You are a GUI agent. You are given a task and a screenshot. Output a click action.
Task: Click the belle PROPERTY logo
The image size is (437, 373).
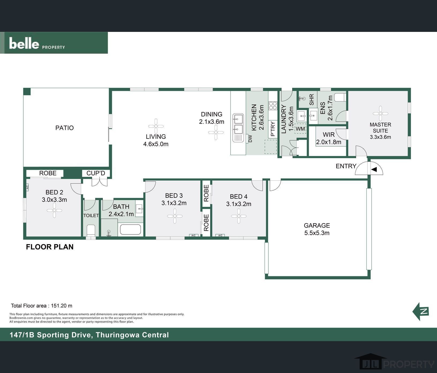(37, 43)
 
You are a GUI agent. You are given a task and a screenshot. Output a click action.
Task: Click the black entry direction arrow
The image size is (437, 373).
(374, 169)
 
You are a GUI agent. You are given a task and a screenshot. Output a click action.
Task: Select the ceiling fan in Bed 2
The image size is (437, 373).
(54, 210)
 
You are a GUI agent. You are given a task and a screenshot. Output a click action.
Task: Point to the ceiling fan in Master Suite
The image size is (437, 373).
(380, 113)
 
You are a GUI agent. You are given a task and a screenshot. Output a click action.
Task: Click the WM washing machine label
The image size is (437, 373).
(300, 129)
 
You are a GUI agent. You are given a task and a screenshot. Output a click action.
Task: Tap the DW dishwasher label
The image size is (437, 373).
(250, 139)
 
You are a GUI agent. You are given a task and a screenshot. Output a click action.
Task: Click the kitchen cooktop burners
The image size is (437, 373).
(273, 106)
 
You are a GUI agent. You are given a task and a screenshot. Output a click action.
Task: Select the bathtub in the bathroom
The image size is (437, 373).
(130, 230)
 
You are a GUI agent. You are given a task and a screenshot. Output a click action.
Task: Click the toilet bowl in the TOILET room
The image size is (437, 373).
(91, 230)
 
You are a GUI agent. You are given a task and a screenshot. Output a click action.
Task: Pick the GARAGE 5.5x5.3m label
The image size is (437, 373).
(317, 229)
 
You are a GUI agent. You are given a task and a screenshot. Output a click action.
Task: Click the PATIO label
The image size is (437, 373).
(65, 128)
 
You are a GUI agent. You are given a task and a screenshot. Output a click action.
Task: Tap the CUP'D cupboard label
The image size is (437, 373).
(96, 173)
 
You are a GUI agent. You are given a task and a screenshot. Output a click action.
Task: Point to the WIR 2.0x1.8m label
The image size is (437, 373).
(329, 138)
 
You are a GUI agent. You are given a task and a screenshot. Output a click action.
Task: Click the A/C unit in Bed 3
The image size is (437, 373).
(194, 236)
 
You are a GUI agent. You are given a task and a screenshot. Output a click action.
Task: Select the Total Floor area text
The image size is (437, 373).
(42, 306)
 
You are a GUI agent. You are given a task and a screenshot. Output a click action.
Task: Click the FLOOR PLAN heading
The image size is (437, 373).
(50, 247)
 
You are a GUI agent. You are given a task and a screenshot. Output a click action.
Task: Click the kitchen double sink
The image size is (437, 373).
(238, 124)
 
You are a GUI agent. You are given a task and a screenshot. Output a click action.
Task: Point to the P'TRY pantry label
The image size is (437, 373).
(273, 129)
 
